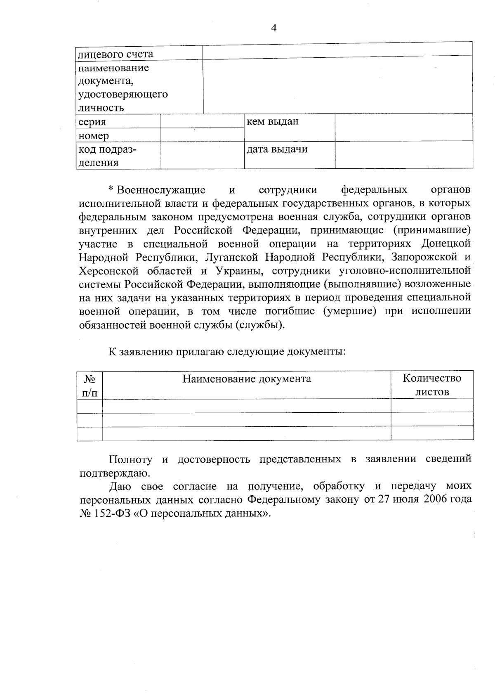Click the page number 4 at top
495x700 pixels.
pos(273,28)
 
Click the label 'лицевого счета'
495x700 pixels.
pos(116,54)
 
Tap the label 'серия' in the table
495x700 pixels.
pos(92,122)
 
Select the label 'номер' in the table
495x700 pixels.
pos(94,136)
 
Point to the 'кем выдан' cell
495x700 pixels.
pos(273,121)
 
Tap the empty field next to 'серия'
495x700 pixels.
pos(202,121)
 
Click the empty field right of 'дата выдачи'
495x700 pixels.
pos(403,154)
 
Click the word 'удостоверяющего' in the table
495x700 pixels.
pos(123,95)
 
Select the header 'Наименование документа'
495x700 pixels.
pos(247,378)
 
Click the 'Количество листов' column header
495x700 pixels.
pos(432,385)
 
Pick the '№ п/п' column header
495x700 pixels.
pos(90,385)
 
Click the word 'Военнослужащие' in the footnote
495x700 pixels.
pos(161,190)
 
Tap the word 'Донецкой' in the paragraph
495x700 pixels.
pos(446,244)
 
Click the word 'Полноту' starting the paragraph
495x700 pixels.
pos(130,459)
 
